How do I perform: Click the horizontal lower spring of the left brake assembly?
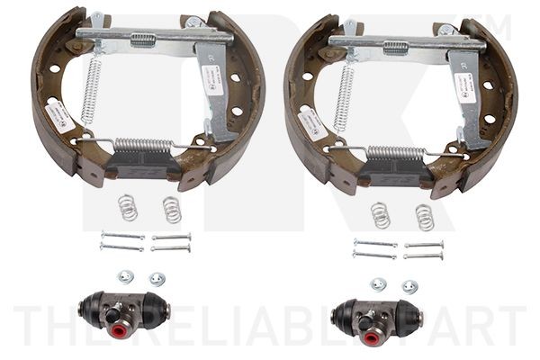pos(144,145)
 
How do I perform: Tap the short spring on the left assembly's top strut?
pos(143,39)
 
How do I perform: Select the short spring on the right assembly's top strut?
pos(396,46)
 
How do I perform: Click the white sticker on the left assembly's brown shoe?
pos(59,115)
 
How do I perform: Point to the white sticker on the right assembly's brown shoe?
pos(312,122)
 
